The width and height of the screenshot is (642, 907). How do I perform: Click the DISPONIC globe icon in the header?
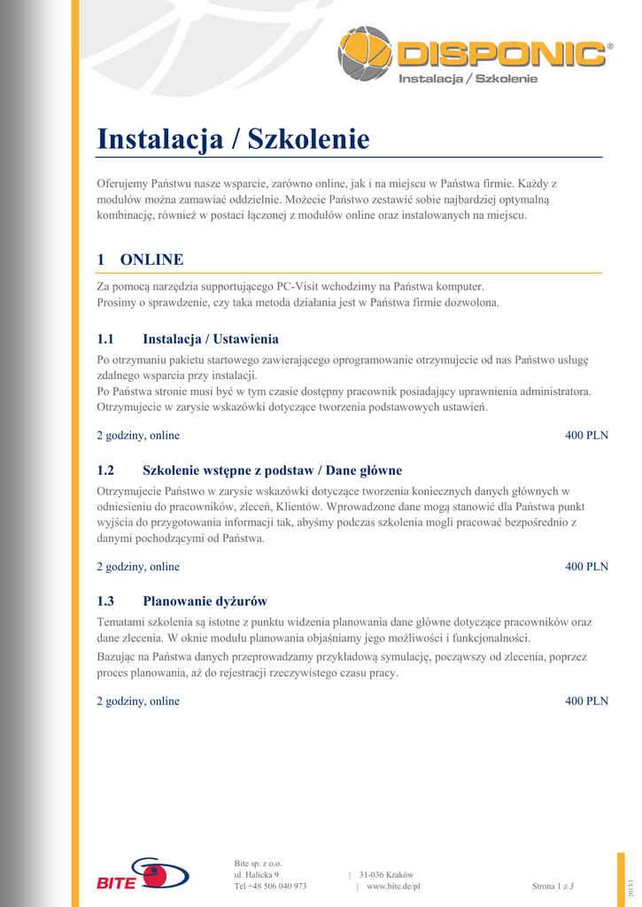[x=365, y=53]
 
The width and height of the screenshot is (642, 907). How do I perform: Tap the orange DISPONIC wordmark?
[x=500, y=54]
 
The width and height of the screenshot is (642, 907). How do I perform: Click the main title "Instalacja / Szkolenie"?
[x=233, y=139]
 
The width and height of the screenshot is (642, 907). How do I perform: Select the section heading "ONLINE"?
[x=151, y=260]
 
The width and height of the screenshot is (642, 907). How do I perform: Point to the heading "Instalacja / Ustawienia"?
[x=211, y=339]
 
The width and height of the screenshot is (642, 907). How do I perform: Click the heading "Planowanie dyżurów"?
[x=205, y=601]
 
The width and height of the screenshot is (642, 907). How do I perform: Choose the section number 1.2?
[x=106, y=470]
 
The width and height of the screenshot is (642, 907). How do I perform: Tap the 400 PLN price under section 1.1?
[x=586, y=436]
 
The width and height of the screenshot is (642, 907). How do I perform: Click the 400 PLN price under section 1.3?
[x=586, y=702]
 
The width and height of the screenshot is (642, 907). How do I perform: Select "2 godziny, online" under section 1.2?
[x=138, y=567]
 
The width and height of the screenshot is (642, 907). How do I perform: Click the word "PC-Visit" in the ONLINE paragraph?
[x=298, y=287]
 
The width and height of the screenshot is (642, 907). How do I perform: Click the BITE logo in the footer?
[x=142, y=874]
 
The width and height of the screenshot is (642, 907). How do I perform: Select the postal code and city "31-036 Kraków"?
[x=386, y=874]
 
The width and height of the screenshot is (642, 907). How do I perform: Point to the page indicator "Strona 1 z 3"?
[x=553, y=886]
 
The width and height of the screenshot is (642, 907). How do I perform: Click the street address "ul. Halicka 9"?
[x=257, y=874]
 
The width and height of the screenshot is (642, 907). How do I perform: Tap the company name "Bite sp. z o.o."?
[x=258, y=863]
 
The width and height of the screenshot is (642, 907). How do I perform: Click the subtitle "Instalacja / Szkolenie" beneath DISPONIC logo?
[x=468, y=80]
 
